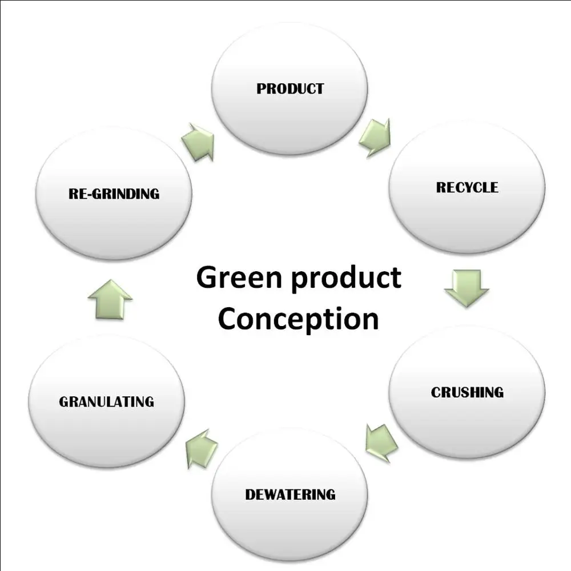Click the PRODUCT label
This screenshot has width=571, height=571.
[x=289, y=89]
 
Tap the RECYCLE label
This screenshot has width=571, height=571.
[x=467, y=187]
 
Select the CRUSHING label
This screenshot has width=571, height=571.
[x=467, y=392]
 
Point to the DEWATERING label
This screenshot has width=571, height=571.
[x=290, y=494]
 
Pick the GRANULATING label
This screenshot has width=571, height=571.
[x=106, y=401]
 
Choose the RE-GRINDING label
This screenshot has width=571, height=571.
[x=114, y=194]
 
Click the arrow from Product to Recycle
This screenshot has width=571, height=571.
[x=375, y=137]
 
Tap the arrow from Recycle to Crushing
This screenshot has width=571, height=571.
[x=467, y=288]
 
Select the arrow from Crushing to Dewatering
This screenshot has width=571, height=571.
[x=381, y=442]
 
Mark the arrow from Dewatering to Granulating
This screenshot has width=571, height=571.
[x=202, y=448]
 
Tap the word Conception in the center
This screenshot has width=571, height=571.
[x=298, y=319]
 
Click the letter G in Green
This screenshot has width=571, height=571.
[x=207, y=278]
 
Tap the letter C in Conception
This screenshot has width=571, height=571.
[x=228, y=319]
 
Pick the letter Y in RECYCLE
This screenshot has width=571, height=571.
[x=469, y=187]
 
